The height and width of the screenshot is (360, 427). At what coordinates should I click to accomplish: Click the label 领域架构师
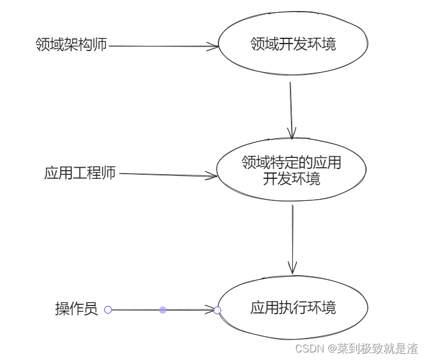tap(71, 45)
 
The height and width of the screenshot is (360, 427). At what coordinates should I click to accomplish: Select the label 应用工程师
tap(80, 173)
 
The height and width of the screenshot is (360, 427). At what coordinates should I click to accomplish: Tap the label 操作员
tap(76, 309)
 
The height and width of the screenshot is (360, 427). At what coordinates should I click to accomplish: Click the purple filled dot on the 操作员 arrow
tap(163, 310)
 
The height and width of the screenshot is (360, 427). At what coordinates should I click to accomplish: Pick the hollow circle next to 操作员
tap(108, 310)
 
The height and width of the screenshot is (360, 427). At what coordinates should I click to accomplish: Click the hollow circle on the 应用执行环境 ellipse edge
tap(217, 311)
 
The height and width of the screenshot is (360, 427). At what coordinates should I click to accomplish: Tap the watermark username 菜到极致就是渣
tap(378, 348)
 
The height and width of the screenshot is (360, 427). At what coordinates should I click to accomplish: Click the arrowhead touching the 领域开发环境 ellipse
tap(213, 46)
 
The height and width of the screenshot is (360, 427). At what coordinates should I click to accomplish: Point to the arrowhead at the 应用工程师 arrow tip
tap(211, 176)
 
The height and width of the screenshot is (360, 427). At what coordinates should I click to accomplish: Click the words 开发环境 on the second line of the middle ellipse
tap(292, 178)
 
